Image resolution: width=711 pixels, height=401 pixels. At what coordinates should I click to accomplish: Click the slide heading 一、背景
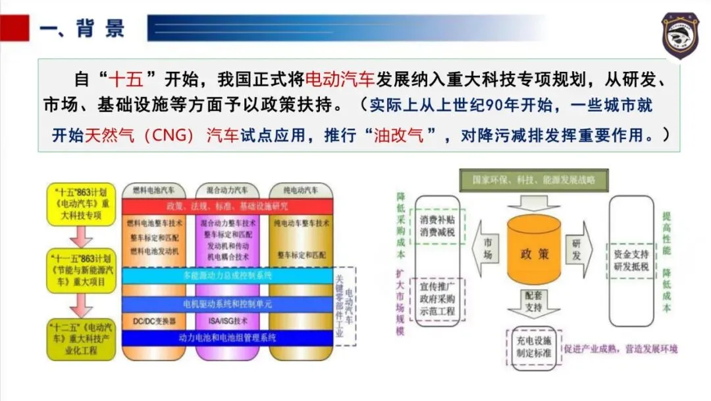(82, 29)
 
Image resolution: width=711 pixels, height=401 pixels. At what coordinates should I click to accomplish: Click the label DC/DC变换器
(155, 321)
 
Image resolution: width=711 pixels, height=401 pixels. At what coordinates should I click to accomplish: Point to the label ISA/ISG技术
(227, 321)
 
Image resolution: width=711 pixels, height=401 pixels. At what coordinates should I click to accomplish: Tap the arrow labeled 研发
(577, 251)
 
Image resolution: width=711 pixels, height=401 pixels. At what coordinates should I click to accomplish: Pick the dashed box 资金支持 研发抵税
(631, 260)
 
